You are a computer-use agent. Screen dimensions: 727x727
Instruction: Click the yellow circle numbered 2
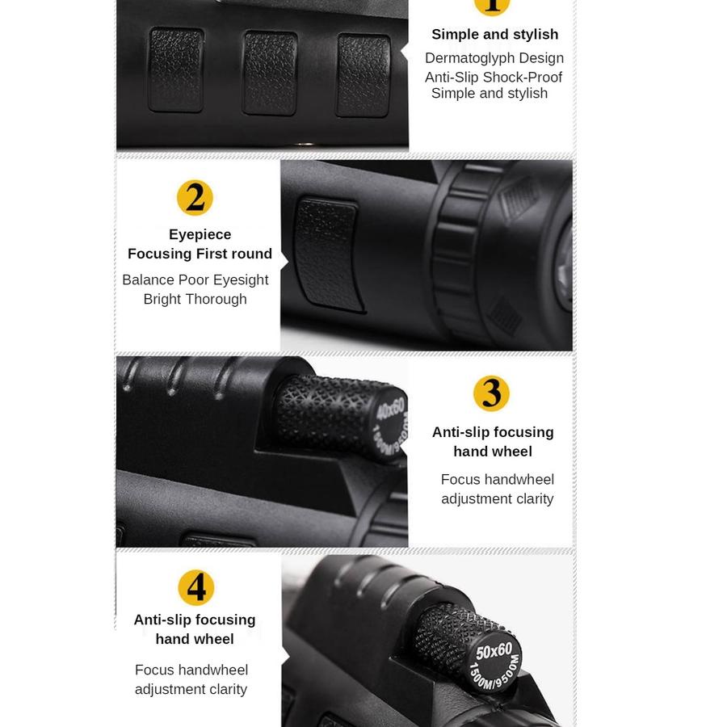click(195, 198)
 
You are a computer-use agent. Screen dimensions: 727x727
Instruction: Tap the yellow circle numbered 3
click(491, 393)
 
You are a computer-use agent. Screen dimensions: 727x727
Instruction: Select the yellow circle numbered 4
click(196, 587)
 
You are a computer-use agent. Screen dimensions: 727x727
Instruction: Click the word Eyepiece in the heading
click(200, 234)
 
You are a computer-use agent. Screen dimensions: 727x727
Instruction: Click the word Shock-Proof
click(524, 78)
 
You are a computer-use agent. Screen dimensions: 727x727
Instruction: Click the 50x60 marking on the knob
click(494, 652)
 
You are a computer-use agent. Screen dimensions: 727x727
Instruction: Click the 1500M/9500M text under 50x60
click(495, 666)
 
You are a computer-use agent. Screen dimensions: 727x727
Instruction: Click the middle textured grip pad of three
click(271, 74)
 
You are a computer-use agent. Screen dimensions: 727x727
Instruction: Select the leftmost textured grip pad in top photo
click(176, 70)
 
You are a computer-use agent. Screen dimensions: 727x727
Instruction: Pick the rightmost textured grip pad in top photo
click(363, 74)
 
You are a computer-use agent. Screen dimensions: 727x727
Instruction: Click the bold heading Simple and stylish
click(494, 34)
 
